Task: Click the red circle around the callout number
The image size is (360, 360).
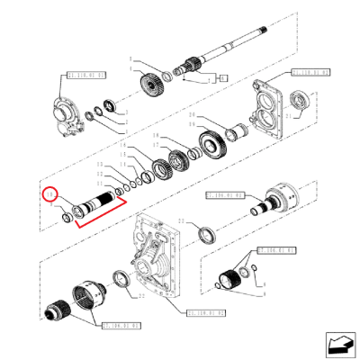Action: pyautogui.click(x=49, y=195)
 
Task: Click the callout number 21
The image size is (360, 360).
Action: pyautogui.click(x=288, y=117)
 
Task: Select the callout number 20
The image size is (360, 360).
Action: pyautogui.click(x=191, y=116)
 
